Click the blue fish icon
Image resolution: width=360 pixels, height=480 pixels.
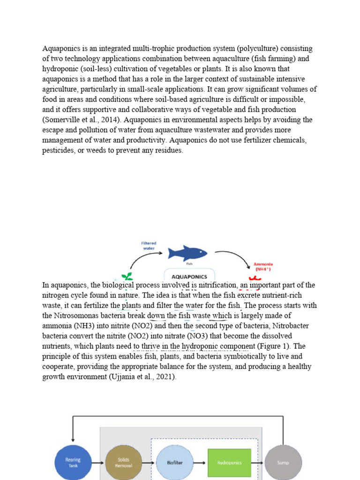tap(187, 253)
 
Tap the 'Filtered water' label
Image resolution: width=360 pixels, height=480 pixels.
tap(149, 246)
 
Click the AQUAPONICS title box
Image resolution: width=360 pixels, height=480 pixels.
tap(189, 275)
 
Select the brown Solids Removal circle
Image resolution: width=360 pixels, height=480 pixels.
tap(124, 462)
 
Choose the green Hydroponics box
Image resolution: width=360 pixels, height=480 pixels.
tap(229, 462)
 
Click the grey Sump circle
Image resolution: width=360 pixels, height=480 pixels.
tap(283, 462)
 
